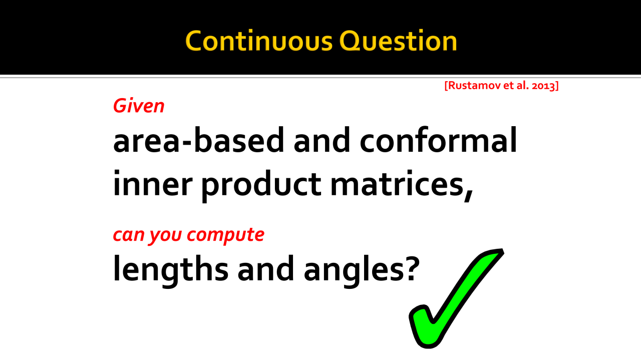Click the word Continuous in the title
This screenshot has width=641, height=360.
(x=259, y=41)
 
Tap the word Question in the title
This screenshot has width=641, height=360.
(x=398, y=41)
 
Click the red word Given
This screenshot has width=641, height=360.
(x=139, y=106)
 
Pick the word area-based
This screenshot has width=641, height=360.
(x=199, y=140)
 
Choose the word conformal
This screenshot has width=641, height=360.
(x=438, y=140)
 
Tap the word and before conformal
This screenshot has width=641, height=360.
(x=322, y=140)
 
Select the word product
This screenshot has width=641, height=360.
(x=261, y=186)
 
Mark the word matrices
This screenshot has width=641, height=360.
(x=397, y=183)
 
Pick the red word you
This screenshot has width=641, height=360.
(x=165, y=236)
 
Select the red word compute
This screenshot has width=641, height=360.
(x=225, y=235)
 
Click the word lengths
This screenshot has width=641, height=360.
(x=171, y=270)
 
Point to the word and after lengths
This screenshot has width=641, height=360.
(x=266, y=268)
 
